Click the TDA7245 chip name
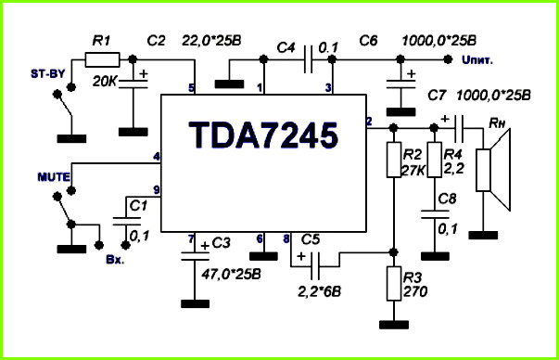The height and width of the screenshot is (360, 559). point(263,135)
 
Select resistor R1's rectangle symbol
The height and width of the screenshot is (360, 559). point(102,59)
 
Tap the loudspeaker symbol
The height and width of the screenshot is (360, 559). point(494,170)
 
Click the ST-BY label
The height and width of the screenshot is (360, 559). point(48,74)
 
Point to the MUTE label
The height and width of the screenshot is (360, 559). point(54,177)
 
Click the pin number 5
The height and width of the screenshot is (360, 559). point(192,88)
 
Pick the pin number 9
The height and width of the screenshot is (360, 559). point(157,190)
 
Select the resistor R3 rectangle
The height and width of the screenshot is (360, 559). point(394,283)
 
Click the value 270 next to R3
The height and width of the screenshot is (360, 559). point(415,292)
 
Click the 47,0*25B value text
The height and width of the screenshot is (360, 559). point(231,275)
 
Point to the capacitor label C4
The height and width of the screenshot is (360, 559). point(286,47)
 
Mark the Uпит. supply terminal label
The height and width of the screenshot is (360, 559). point(477,60)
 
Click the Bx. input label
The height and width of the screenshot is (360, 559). point(115,260)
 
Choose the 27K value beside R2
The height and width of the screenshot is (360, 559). point(413,171)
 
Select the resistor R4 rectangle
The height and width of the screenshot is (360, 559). point(435,160)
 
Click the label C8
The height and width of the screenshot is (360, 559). point(447,199)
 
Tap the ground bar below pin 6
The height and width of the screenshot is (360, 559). point(263,256)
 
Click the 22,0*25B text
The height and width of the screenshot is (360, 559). point(211,41)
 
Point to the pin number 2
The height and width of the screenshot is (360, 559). point(369,122)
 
